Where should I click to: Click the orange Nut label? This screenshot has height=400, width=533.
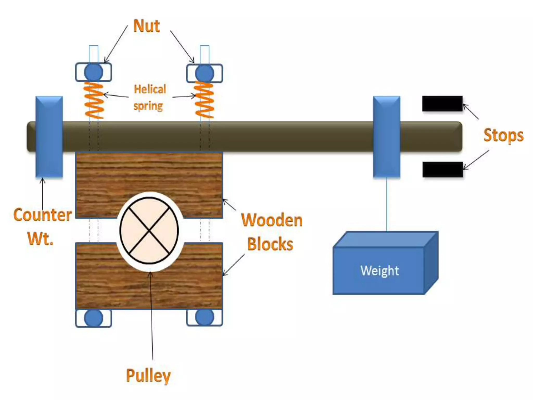click(146, 26)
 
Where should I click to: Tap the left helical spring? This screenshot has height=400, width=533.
click(94, 101)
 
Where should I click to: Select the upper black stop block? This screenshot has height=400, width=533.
click(442, 104)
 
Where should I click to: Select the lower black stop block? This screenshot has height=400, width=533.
click(442, 169)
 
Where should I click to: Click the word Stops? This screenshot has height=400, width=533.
click(503, 135)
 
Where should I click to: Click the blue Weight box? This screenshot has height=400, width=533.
click(379, 271)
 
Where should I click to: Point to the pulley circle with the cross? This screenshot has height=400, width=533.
click(149, 230)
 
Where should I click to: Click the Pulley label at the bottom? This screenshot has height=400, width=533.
click(148, 376)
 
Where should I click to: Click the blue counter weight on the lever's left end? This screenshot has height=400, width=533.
click(49, 137)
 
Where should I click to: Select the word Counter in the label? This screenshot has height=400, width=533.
click(42, 215)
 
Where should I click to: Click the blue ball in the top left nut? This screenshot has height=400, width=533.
click(94, 72)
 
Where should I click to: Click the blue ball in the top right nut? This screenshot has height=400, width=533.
click(205, 73)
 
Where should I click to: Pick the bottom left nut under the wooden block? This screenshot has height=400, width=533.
click(94, 318)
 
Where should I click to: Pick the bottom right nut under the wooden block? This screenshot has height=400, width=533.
click(205, 317)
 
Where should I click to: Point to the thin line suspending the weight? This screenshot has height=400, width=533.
click(386, 204)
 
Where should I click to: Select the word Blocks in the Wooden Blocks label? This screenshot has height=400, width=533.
click(270, 244)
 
